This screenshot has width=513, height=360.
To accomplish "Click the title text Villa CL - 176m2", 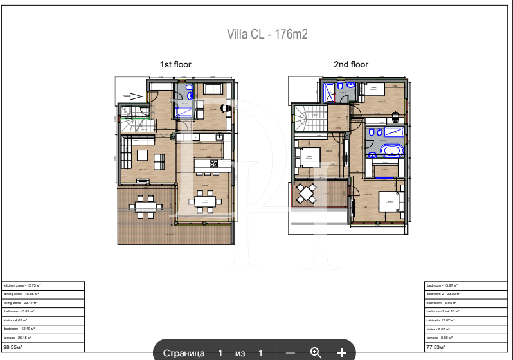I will point(267,35).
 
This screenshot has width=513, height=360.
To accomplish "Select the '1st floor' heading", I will point(175,64).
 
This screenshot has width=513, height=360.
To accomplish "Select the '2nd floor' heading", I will point(351,64).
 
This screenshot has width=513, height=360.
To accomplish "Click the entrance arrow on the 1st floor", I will point(136,96).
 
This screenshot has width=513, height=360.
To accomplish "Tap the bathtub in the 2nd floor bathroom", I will point(391,152).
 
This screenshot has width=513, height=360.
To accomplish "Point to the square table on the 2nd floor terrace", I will point(307,192).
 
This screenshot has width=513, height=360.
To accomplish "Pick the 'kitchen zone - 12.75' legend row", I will point(43,285).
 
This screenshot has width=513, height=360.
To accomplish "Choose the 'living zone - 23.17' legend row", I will point(43,302).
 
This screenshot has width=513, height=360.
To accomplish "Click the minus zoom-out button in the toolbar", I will point(291,353).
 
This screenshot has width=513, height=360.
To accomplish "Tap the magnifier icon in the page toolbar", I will point(316,352).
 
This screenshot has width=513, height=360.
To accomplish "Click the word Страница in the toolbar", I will point(184,353).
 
